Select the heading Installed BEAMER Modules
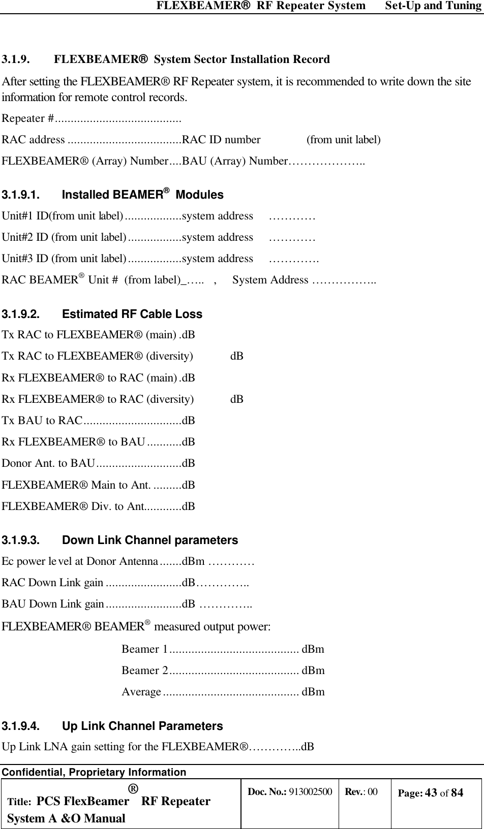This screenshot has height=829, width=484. click(x=142, y=195)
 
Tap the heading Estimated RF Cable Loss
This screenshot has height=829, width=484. click(x=132, y=314)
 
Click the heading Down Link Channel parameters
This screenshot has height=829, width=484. click(x=149, y=540)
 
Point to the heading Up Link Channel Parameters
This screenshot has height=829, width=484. click(x=142, y=726)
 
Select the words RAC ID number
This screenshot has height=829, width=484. click(x=221, y=140)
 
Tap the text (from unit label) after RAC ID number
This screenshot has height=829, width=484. click(x=344, y=140)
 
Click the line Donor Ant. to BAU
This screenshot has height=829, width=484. click(x=49, y=463)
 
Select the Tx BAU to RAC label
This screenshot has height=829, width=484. click(x=42, y=421)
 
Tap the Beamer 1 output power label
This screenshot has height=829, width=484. click(x=145, y=649)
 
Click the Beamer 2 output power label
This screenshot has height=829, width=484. click(x=145, y=671)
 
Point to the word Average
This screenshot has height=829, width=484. click(x=141, y=692)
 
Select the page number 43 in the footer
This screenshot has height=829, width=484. click(x=431, y=792)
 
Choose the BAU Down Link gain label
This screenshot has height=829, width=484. click(x=53, y=604)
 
